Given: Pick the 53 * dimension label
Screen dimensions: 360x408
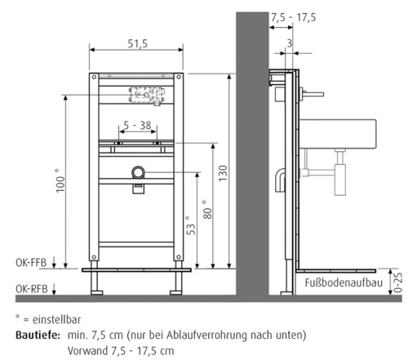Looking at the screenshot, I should [x=188, y=224].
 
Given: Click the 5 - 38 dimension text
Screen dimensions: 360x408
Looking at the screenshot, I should [x=135, y=127].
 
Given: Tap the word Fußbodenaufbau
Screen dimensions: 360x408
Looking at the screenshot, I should [x=343, y=283].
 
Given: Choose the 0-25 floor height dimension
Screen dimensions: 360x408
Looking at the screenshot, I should [x=399, y=282].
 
